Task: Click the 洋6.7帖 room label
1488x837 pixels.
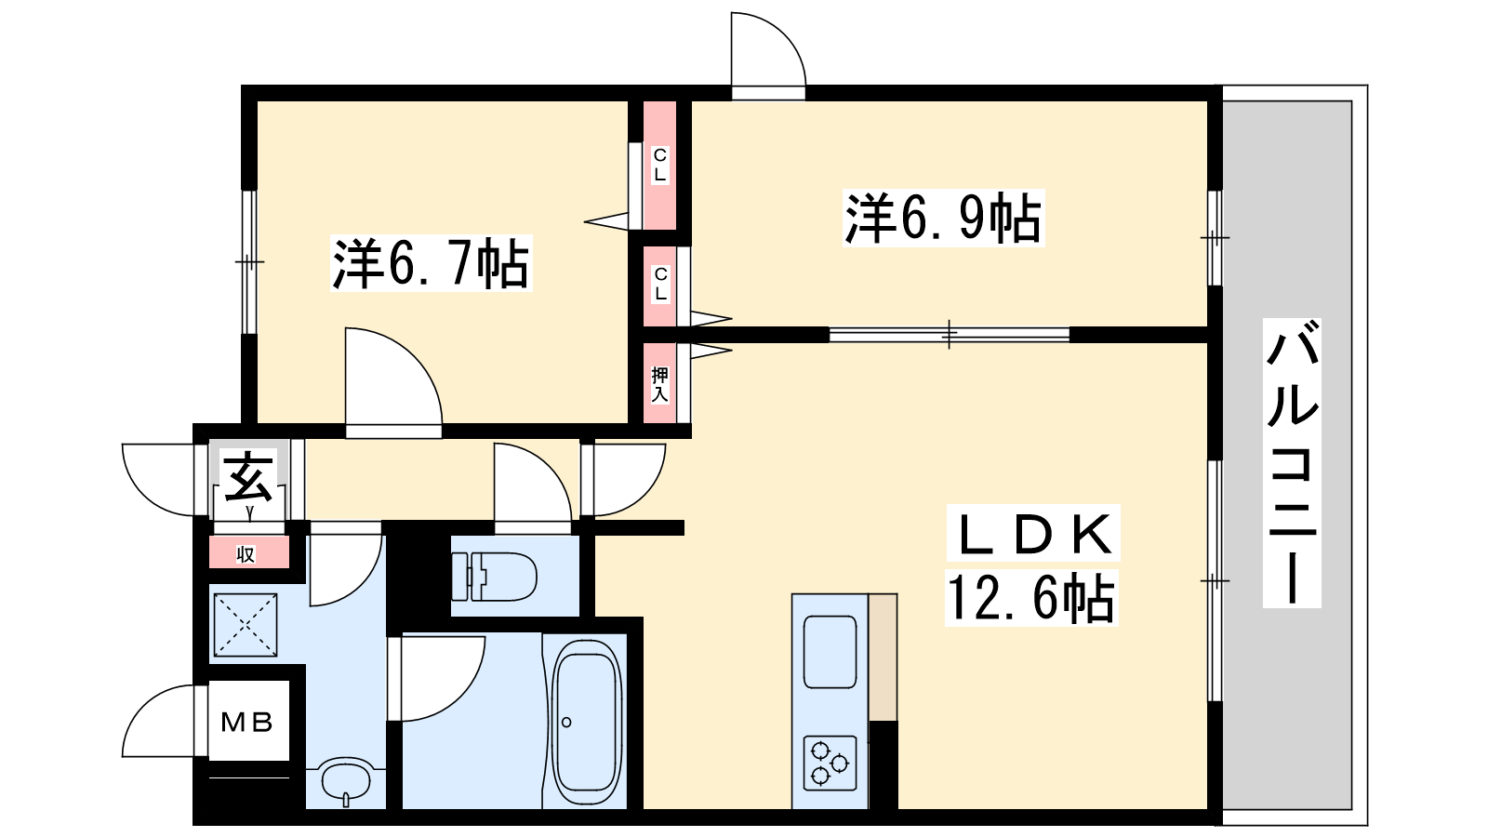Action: (431, 264)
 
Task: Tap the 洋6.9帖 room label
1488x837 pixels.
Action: (943, 219)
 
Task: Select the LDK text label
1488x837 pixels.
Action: (1032, 535)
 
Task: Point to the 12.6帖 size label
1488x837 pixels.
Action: (1030, 598)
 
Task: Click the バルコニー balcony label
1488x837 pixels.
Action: (1292, 462)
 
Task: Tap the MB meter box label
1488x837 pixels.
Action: (246, 722)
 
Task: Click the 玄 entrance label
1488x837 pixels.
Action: (249, 476)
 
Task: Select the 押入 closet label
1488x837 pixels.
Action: (660, 383)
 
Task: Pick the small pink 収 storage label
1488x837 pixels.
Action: (246, 555)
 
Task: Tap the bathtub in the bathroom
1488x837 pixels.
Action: (587, 721)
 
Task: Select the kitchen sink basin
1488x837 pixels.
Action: (830, 651)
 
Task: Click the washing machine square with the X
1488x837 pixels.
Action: (246, 624)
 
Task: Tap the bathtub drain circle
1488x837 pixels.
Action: (566, 723)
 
